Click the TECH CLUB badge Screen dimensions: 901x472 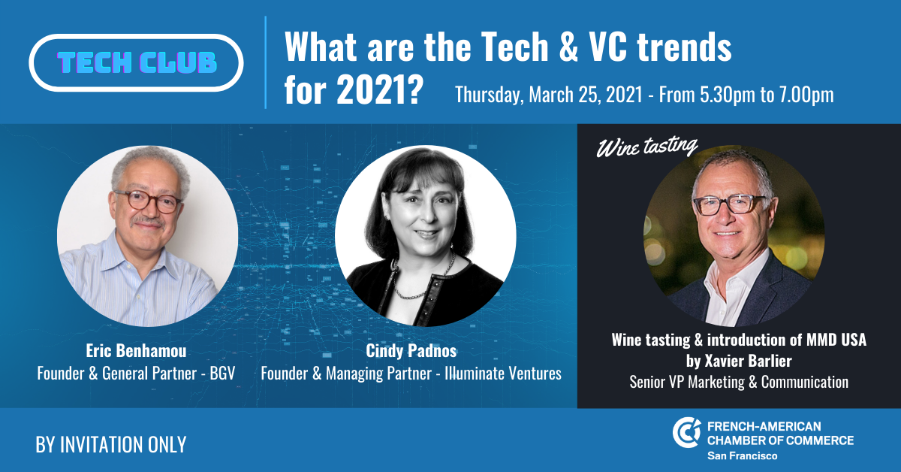pos(136,63)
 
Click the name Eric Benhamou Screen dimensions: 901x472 pos(136,351)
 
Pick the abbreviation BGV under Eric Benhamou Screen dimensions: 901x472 pos(222,374)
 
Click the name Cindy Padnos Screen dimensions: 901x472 pos(411,351)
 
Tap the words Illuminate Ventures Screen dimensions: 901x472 pos(503,374)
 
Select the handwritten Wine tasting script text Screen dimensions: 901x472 pos(646,147)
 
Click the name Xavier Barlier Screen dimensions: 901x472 pos(748,361)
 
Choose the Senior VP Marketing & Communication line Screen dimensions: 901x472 pos(739,382)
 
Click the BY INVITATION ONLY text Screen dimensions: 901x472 pos(111,445)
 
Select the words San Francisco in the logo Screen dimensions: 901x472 pos(742,456)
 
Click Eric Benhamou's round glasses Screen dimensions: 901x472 pos(147,201)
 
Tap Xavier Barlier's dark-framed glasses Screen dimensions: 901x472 pos(728,204)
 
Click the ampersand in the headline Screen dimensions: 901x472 pos(569,47)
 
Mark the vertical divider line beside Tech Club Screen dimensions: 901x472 pos(266,62)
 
